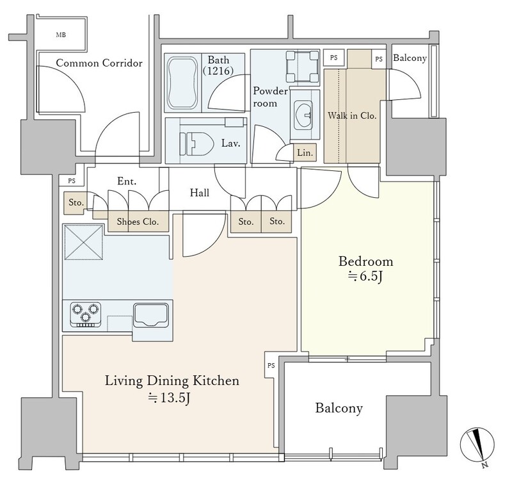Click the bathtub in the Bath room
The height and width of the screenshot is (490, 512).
point(182,83)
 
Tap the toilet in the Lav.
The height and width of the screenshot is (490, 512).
point(196,143)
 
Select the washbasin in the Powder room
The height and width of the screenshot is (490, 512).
point(303,116)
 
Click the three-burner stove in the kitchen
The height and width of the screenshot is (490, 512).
point(86,314)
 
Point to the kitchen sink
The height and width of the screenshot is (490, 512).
point(151,314)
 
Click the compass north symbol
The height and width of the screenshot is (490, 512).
point(477,445)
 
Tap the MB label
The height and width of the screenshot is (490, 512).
point(61,35)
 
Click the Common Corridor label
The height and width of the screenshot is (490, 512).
point(99,63)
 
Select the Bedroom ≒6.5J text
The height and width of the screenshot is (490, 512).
point(365,268)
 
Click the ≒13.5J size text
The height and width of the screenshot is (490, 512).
point(169,398)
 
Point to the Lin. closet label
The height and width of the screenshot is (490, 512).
point(305,152)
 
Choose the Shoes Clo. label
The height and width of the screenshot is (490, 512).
point(138,222)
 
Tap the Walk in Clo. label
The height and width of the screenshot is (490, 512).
point(352,115)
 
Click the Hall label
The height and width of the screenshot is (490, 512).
point(200,193)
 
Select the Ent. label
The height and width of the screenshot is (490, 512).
point(127,181)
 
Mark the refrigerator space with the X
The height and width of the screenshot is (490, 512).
point(84,242)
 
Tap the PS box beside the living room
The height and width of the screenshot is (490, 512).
point(271,366)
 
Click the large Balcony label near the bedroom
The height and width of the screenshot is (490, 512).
point(339,408)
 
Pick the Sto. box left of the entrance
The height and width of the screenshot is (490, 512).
point(76,203)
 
